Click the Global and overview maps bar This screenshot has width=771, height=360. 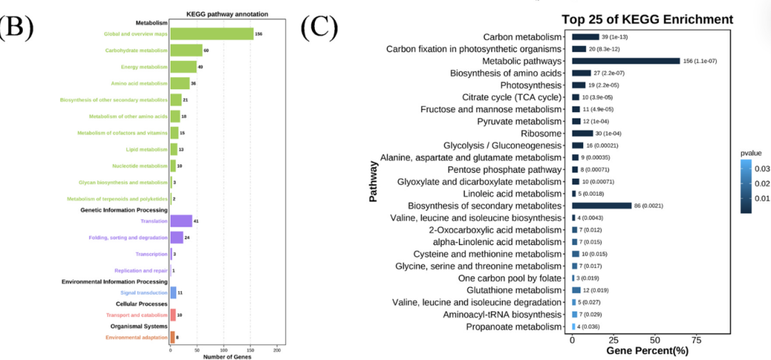click(x=211, y=34)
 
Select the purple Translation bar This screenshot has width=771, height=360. click(x=181, y=221)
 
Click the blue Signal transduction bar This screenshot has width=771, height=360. click(x=173, y=292)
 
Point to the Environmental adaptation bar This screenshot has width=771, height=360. click(x=172, y=337)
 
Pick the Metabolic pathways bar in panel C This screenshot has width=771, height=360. click(x=626, y=61)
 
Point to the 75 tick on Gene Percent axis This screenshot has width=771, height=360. click(x=695, y=339)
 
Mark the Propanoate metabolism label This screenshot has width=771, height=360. click(x=514, y=326)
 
